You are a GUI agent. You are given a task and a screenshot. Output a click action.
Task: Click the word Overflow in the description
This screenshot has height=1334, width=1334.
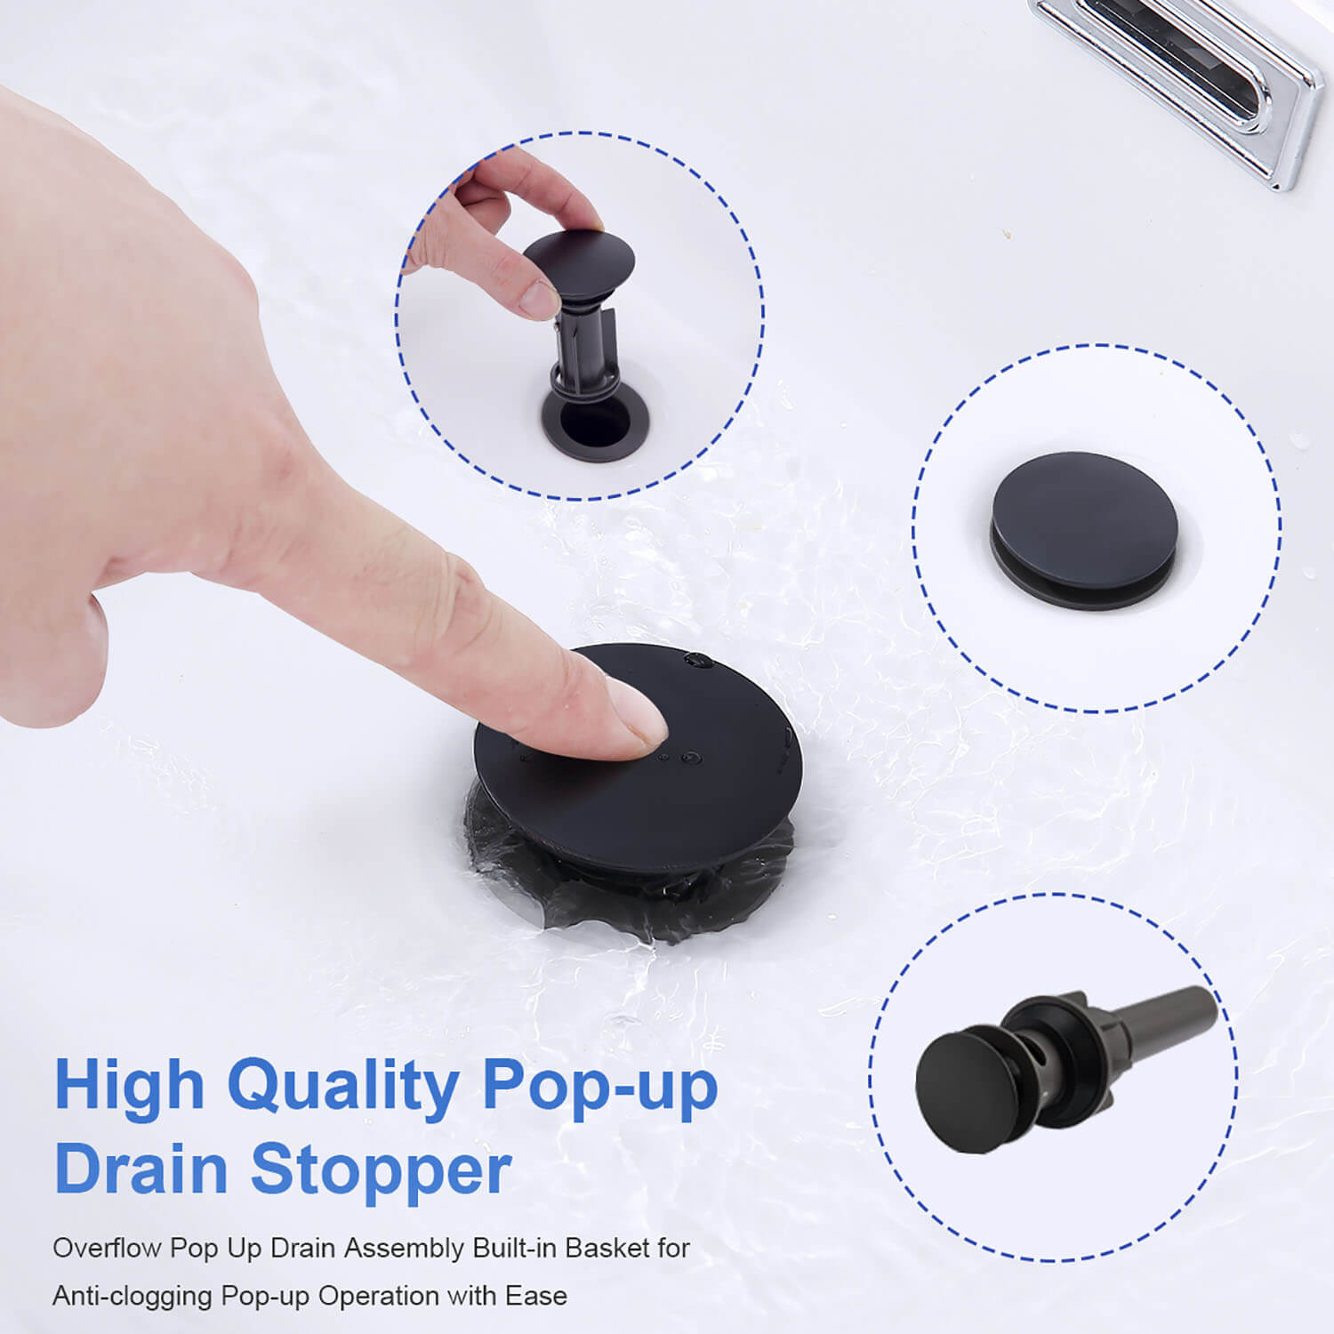point(108,1248)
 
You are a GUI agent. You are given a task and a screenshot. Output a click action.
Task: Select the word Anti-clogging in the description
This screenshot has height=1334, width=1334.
point(133,1295)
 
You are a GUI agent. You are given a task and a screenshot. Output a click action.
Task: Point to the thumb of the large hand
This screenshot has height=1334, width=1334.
point(53,658)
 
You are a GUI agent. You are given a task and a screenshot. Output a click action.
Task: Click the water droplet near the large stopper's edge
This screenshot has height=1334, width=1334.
point(699,660)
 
